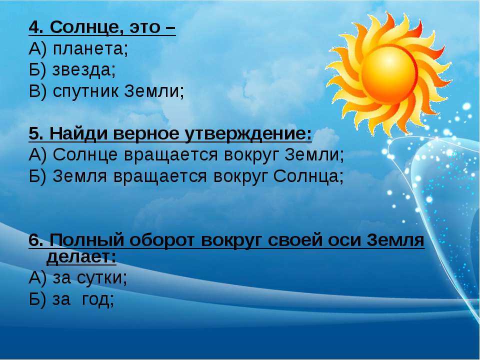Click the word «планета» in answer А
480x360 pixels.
tap(88, 48)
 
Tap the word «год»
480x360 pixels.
tap(95, 299)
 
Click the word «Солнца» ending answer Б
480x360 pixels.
tap(306, 176)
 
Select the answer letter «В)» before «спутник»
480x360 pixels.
tap(37, 91)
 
